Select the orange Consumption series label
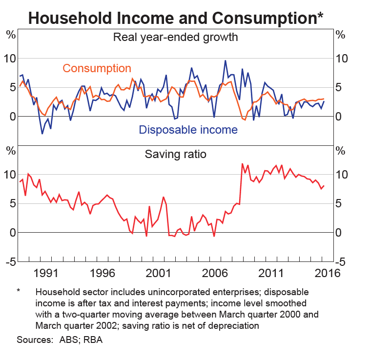pyautogui.click(x=97, y=69)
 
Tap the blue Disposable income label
pyautogui.click(x=188, y=130)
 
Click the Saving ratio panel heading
pyautogui.click(x=176, y=155)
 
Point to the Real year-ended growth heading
pyautogui.click(x=176, y=37)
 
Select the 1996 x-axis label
pyautogui.click(x=102, y=273)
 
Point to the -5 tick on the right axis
pyautogui.click(x=341, y=262)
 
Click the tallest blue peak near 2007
pyautogui.click(x=225, y=61)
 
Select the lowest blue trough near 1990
pyautogui.click(x=42, y=133)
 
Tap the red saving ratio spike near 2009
pyautogui.click(x=243, y=164)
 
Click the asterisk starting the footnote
pyautogui.click(x=19, y=292)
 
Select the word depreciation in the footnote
pyautogui.click(x=231, y=325)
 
